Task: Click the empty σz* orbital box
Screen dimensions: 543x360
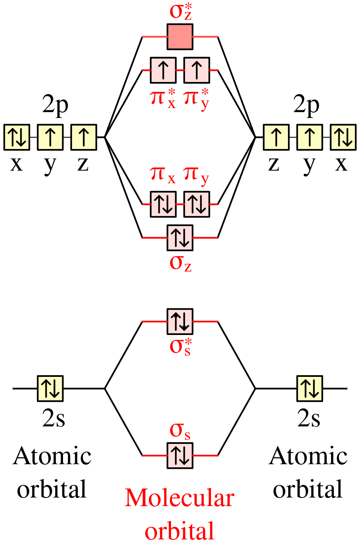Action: [x=180, y=36]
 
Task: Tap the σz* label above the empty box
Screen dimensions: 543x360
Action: [x=180, y=12]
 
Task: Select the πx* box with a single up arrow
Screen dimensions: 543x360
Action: [x=163, y=70]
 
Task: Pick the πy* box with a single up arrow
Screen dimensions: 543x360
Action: [x=197, y=70]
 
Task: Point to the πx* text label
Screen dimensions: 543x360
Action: [x=162, y=99]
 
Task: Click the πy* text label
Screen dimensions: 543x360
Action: [x=197, y=99]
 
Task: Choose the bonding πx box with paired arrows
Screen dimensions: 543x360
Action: [x=163, y=204]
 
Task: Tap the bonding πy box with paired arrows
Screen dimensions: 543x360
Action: [x=197, y=204]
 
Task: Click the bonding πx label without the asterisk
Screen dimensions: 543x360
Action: [x=162, y=175]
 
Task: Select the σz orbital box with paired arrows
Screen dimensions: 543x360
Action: [x=180, y=237]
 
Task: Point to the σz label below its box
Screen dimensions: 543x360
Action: [x=180, y=263]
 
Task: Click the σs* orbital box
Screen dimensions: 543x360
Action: [x=180, y=321]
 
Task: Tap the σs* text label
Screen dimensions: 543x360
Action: [x=180, y=347]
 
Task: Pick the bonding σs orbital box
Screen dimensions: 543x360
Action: [x=180, y=455]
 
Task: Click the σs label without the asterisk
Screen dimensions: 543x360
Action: [x=180, y=431]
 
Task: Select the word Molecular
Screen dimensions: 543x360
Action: [x=180, y=498]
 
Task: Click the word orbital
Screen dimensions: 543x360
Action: [x=180, y=531]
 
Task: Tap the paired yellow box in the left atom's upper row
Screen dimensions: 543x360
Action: [x=17, y=137]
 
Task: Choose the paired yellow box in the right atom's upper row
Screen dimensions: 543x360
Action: [x=343, y=137]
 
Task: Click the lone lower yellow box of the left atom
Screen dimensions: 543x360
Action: [x=50, y=389]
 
